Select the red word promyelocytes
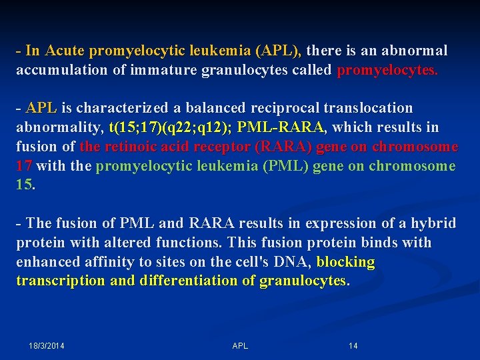(x=387, y=70)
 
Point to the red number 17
(x=24, y=166)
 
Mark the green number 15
(x=24, y=185)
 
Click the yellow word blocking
(x=346, y=262)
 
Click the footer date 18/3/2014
(x=51, y=345)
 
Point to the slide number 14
(x=353, y=345)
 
